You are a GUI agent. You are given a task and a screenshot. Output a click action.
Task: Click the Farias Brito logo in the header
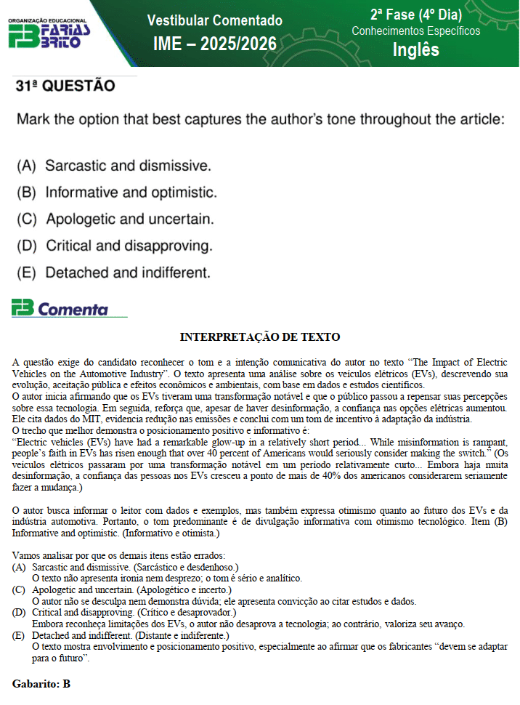[x=49, y=33]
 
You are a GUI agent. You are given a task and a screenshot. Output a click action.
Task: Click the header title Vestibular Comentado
[x=215, y=20]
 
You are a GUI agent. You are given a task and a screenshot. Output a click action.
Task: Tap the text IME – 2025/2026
[x=215, y=44]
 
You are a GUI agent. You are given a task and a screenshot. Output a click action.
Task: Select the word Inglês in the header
[x=416, y=49]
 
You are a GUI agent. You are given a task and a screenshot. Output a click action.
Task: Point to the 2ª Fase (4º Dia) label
[x=415, y=14]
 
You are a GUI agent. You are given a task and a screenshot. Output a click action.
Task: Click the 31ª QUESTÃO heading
[x=65, y=86]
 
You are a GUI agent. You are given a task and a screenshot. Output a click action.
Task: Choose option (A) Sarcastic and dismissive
[x=114, y=166]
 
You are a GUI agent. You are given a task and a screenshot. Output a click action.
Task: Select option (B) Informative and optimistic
[x=116, y=193]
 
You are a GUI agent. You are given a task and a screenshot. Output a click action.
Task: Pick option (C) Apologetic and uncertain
[x=115, y=219]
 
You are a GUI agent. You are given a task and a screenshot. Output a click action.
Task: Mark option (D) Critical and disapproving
[x=115, y=246]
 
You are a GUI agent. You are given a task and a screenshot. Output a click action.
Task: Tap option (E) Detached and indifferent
[x=113, y=273]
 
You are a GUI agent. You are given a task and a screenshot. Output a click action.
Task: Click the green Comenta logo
[x=60, y=309]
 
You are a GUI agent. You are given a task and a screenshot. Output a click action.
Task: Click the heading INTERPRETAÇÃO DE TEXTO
[x=260, y=337]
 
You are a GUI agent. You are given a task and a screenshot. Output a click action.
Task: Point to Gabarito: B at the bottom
[x=41, y=684]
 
